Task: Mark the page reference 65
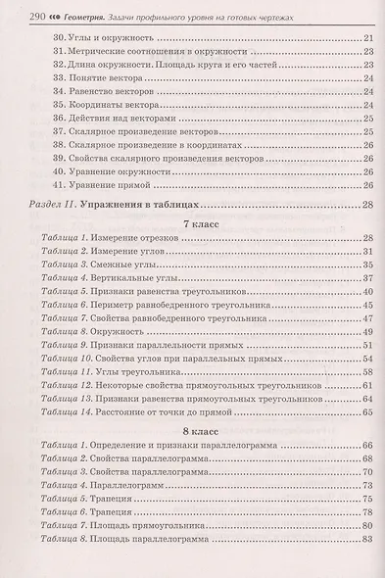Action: (367, 412)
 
